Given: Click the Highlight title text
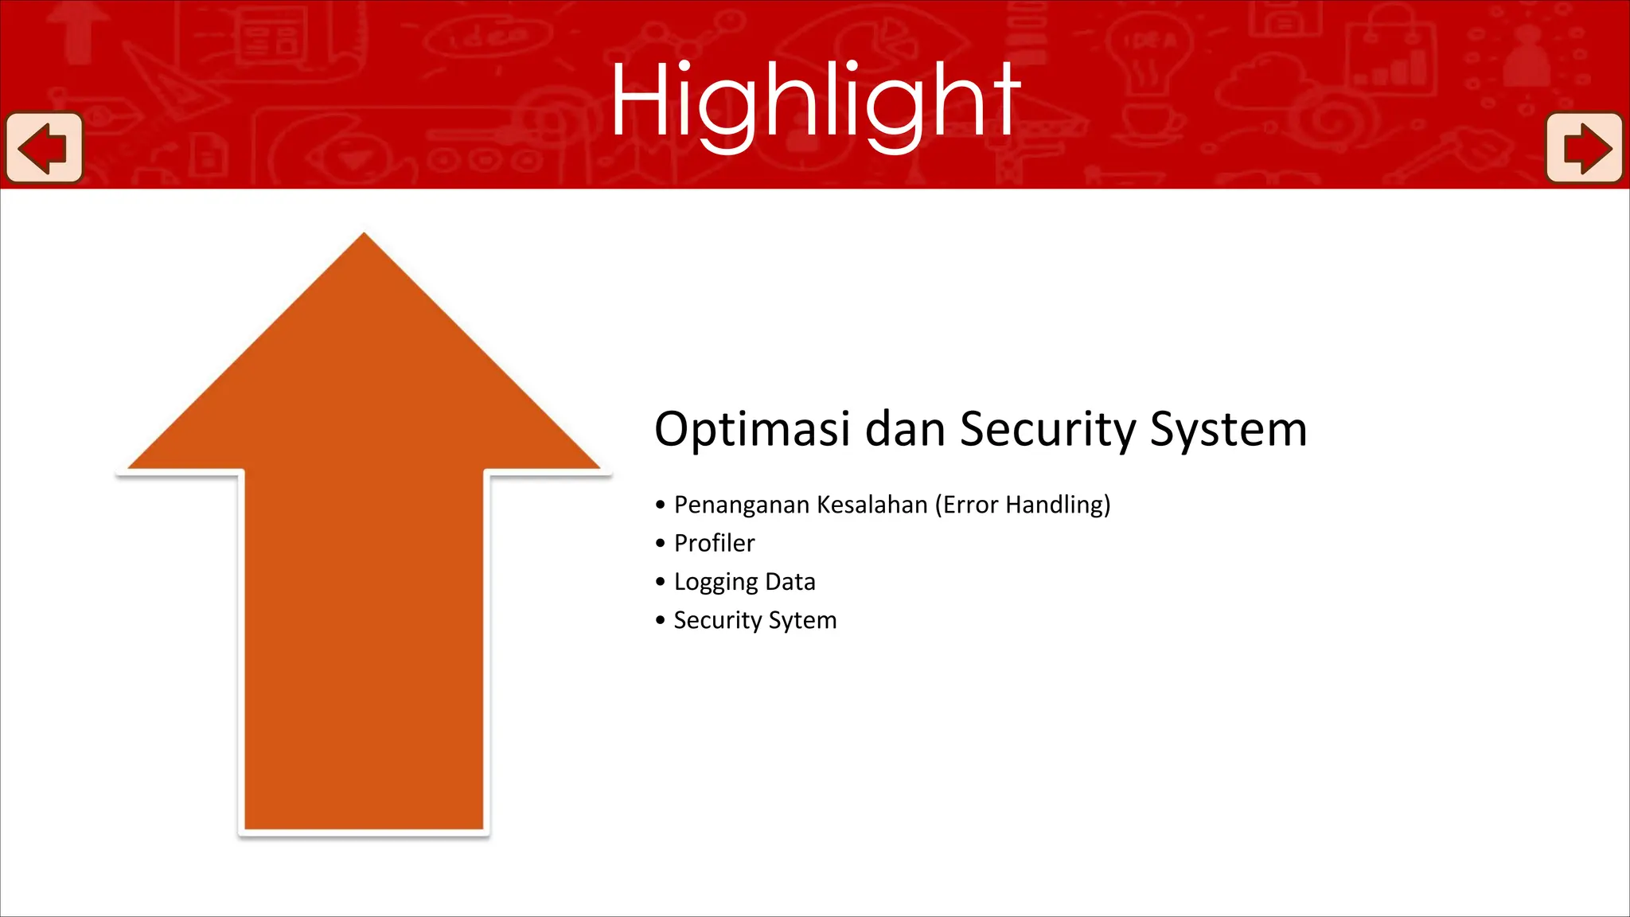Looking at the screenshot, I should tap(815, 102).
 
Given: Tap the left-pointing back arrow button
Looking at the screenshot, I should tap(44, 148).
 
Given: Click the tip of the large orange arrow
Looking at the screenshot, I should tap(364, 238).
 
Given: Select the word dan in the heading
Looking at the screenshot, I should tap(904, 430).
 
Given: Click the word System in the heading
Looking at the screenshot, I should tap(1228, 430).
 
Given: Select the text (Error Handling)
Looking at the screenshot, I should tap(1023, 505).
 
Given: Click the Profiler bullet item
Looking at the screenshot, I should tap(714, 544).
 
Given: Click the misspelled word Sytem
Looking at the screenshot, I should tap(802, 621).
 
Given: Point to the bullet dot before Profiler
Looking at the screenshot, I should tap(660, 544).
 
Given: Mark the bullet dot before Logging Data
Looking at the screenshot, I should tap(660, 582).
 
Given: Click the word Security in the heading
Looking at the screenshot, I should tap(1047, 430).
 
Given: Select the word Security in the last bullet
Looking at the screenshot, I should tap(717, 621).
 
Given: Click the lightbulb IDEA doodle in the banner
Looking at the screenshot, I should tap(1147, 56).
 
